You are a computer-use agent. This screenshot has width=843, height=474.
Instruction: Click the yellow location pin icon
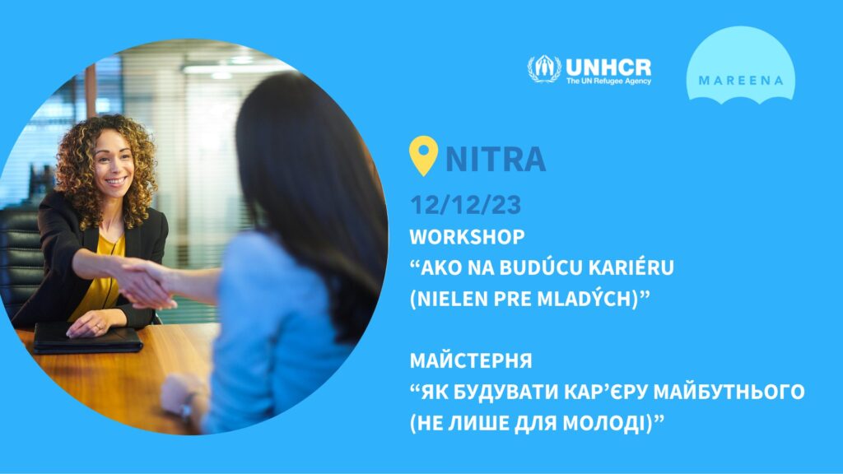coord(423,155)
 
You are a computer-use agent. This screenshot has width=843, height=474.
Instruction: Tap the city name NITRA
coord(496,159)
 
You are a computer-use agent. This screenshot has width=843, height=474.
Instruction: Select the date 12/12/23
coord(466,205)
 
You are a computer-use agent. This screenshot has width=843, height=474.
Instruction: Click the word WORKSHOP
coord(468,236)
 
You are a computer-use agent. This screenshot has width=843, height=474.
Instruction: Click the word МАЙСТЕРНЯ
coord(471,360)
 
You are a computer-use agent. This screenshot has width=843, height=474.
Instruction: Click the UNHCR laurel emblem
coord(544,69)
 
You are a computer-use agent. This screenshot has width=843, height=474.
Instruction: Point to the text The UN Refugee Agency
coord(608,81)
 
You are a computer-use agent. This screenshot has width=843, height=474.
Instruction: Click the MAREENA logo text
coord(741,81)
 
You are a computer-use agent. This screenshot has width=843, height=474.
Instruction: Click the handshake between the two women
coord(144,283)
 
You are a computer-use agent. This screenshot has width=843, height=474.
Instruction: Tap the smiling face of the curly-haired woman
coord(114,164)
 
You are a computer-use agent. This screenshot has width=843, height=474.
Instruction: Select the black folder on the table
coord(87,339)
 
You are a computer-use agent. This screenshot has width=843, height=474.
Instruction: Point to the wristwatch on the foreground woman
coord(187,407)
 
